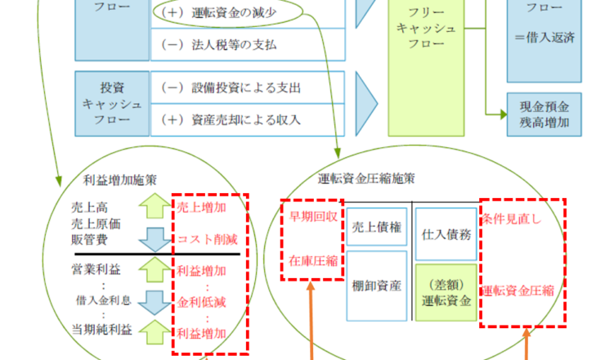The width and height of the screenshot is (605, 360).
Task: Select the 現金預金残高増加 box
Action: [544, 113]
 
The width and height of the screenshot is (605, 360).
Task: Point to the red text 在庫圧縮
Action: [310, 261]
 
